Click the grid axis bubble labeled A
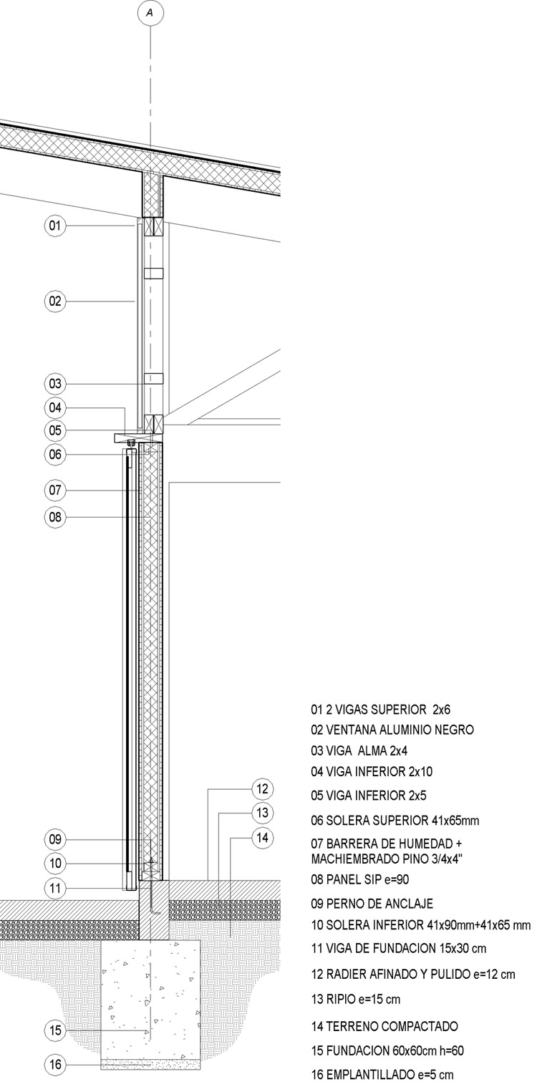point(150,13)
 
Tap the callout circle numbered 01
point(55,226)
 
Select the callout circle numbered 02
point(55,301)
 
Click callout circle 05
point(55,430)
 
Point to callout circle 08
point(55,517)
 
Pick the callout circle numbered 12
point(263,789)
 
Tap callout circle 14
point(263,838)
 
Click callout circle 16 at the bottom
point(55,1064)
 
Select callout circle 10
point(55,864)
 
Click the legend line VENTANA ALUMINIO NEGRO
point(392,730)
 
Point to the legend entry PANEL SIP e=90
point(361,879)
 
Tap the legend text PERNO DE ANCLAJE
point(372,904)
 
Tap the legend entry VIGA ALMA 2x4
point(359,751)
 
